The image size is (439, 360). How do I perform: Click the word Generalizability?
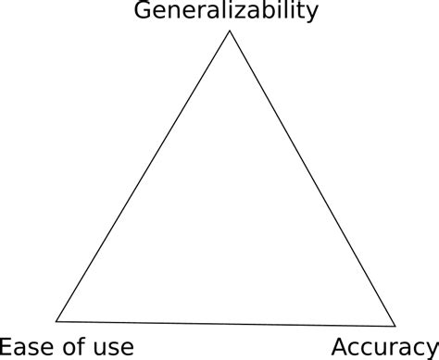pyautogui.click(x=227, y=12)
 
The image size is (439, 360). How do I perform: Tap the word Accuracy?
pyautogui.click(x=383, y=347)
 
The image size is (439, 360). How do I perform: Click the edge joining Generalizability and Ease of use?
pyautogui.click(x=143, y=176)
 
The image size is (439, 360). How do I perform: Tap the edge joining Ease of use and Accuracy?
pyautogui.click(x=226, y=323)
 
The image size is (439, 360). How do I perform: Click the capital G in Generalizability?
pyautogui.click(x=144, y=12)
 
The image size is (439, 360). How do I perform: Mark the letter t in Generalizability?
pyautogui.click(x=298, y=11)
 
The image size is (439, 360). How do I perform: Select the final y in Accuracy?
pyautogui.click(x=427, y=350)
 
